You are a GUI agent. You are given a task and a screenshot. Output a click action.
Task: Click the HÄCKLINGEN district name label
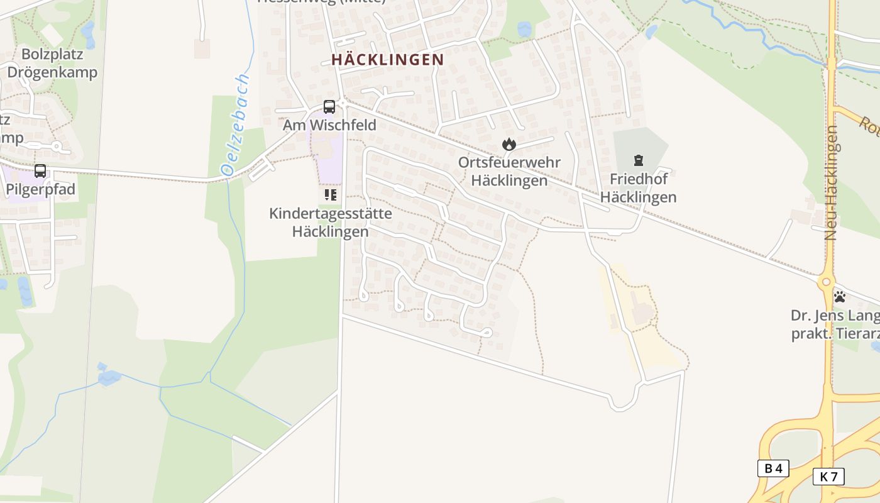(388, 60)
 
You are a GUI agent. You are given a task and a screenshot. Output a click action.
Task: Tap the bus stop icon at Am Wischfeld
(329, 107)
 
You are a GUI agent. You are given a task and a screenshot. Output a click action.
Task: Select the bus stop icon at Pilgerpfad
(40, 171)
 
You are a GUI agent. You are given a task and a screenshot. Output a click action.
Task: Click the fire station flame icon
(509, 145)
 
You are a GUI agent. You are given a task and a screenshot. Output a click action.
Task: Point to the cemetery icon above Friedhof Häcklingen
(639, 160)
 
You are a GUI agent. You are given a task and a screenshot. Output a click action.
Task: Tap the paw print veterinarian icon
(839, 296)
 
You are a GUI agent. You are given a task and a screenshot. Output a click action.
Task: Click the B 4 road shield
(773, 468)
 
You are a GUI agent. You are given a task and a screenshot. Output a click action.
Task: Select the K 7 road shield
(828, 477)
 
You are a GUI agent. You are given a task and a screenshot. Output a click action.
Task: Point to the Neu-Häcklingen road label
(831, 182)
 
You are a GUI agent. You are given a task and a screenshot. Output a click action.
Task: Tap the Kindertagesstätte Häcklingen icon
(331, 195)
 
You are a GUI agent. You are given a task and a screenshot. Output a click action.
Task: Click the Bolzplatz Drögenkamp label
(52, 63)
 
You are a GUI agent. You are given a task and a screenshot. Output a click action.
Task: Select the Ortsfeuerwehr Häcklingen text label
(509, 171)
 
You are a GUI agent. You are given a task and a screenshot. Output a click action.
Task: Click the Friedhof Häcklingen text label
(638, 188)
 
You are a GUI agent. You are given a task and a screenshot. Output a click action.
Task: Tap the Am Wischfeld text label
(329, 125)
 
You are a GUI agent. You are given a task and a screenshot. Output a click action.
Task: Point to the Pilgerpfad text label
(40, 189)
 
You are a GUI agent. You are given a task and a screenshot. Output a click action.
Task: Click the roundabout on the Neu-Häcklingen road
(826, 283)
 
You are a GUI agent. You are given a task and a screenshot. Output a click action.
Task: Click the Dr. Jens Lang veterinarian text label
(835, 324)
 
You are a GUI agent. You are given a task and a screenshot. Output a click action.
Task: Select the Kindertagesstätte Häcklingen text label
(331, 222)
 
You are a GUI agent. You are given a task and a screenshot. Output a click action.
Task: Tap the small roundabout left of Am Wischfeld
(57, 146)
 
